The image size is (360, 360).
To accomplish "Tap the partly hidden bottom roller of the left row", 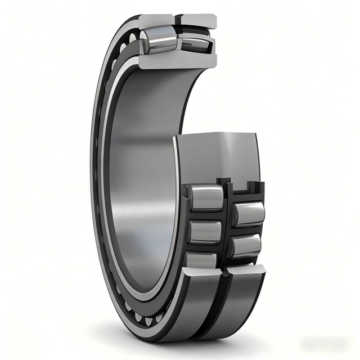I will click(x=203, y=259).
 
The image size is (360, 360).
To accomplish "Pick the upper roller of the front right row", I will click(x=247, y=214).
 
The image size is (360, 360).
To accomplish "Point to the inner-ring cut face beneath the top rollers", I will click(x=174, y=61).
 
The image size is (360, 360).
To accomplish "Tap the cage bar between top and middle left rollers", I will click(x=205, y=215).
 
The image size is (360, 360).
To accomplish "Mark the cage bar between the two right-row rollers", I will click(x=247, y=229).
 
